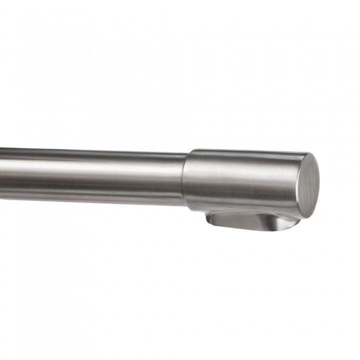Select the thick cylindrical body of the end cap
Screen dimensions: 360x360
pos(240,180)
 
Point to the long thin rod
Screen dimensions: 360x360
pos(90,175)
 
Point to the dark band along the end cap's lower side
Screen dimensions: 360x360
pos(240,205)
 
